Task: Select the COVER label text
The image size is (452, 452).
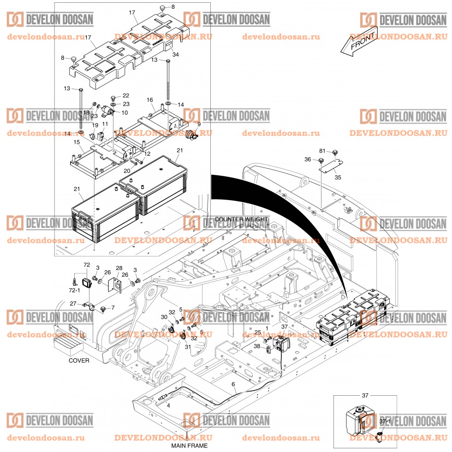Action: [79, 360]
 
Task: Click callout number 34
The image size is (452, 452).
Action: [176, 55]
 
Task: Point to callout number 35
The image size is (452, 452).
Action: [339, 177]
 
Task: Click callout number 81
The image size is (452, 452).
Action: [322, 151]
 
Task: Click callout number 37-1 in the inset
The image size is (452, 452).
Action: [385, 422]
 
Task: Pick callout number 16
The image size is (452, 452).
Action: [150, 100]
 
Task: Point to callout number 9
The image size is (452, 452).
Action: [199, 124]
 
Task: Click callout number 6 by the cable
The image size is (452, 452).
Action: [233, 384]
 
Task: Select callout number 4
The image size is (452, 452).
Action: [168, 405]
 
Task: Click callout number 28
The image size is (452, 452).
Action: [119, 268]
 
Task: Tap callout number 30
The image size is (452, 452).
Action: [164, 317]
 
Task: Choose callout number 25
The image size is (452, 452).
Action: [258, 332]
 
